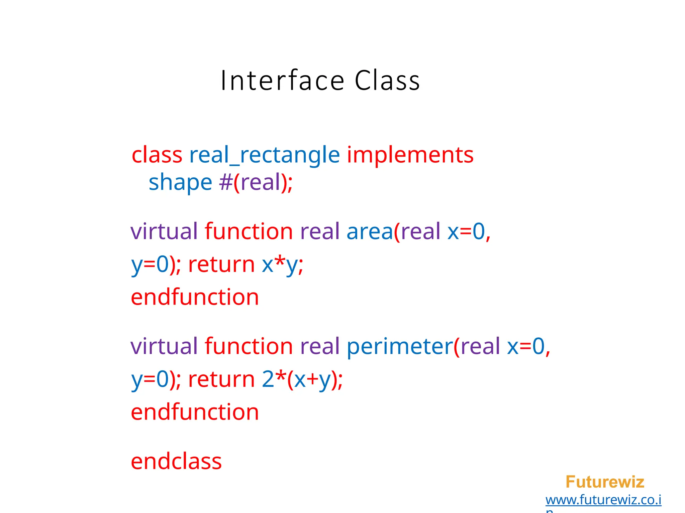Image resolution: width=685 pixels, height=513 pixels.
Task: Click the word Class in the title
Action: [x=387, y=80]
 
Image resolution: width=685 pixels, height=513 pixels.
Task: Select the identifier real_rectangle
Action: [x=264, y=155]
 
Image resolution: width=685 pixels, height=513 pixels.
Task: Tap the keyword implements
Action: [x=410, y=155]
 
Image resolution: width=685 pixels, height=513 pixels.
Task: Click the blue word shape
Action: [x=180, y=183]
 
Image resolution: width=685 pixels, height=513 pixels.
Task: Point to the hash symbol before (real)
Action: [x=226, y=183]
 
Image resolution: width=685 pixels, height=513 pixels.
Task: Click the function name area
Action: [x=370, y=231]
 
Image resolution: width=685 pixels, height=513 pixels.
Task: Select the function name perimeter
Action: [x=400, y=346]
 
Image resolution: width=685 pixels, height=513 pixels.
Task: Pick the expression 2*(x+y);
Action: [x=302, y=379]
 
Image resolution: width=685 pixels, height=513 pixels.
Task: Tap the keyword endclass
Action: [x=176, y=462]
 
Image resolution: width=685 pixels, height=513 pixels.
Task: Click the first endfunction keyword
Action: [x=195, y=297]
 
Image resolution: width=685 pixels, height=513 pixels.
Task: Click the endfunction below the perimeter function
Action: [x=195, y=412]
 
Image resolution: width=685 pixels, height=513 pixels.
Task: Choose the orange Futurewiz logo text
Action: [x=605, y=482]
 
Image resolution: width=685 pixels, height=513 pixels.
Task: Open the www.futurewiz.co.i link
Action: [x=603, y=500]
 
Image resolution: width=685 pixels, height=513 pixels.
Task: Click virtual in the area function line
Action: [x=164, y=231]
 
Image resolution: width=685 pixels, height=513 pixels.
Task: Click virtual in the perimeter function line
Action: [x=164, y=346]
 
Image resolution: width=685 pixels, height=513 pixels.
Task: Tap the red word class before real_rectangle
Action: [x=157, y=155]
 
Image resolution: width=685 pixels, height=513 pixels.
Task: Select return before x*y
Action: [x=221, y=265]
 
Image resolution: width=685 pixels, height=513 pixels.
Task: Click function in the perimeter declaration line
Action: [x=249, y=346]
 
